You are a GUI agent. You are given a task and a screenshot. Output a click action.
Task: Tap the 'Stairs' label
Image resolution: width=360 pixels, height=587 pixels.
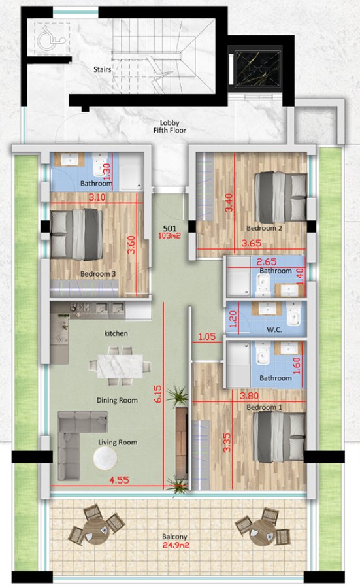click(101, 68)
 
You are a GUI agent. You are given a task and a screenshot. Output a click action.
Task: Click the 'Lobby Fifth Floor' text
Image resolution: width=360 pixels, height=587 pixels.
click(173, 126)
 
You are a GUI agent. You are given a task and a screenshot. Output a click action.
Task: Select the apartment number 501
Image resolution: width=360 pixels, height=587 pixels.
click(171, 229)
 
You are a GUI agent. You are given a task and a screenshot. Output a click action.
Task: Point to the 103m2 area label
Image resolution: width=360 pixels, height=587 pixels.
click(171, 239)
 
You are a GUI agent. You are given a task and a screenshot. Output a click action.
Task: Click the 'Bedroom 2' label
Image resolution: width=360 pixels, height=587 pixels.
click(264, 229)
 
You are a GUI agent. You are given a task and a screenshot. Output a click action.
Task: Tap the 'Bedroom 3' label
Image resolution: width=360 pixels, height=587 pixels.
click(98, 274)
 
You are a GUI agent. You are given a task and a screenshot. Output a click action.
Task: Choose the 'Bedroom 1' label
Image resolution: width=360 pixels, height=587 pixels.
click(264, 407)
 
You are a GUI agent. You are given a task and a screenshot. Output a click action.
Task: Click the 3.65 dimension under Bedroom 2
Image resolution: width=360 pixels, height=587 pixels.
click(252, 243)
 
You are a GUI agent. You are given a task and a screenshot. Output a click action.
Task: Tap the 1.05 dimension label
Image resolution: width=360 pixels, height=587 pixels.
click(206, 337)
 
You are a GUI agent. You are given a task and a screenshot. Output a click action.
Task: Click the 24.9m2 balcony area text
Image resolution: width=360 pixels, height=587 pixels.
click(173, 546)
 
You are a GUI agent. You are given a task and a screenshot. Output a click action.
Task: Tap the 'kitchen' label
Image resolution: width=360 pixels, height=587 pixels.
click(116, 333)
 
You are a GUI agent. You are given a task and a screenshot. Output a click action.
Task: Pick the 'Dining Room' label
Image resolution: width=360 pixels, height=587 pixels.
click(117, 400)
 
